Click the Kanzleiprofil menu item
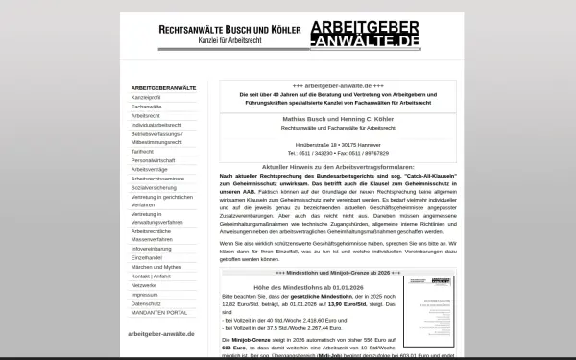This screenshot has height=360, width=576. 146,98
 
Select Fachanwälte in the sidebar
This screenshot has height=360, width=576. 145,107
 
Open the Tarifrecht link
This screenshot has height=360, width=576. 142,151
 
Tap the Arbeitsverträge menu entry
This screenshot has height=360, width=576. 149,168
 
